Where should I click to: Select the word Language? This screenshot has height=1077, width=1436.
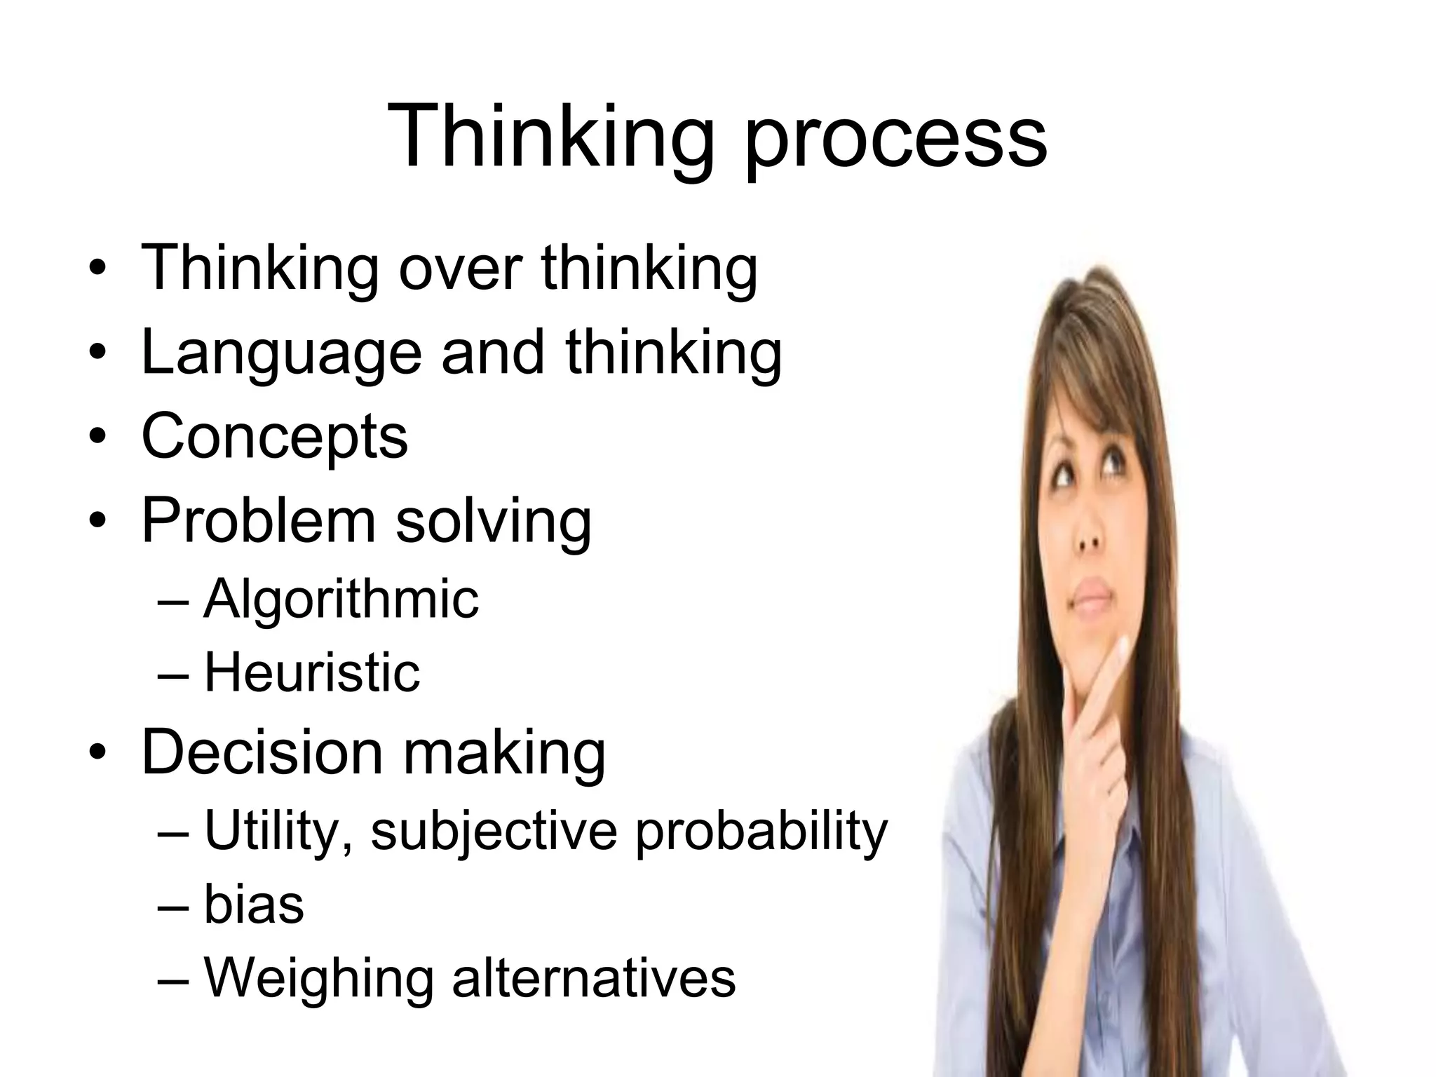click(x=281, y=354)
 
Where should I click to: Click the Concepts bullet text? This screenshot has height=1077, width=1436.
click(x=274, y=436)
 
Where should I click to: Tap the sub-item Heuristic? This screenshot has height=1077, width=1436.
click(x=312, y=672)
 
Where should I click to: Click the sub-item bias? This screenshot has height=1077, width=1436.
click(x=254, y=905)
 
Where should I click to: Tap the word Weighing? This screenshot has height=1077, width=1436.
click(x=319, y=980)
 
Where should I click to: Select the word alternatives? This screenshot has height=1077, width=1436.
click(x=593, y=978)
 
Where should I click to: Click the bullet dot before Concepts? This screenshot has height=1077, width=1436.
click(x=97, y=436)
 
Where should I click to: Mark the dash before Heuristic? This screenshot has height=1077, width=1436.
click(x=173, y=674)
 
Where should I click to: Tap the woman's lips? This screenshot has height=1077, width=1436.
click(x=1092, y=596)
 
